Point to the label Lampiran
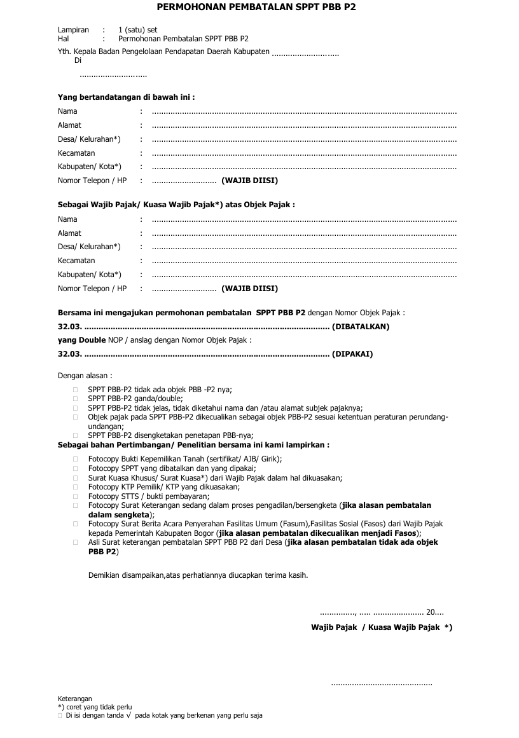click(x=73, y=30)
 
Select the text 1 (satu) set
click(x=137, y=30)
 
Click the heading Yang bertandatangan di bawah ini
click(x=126, y=97)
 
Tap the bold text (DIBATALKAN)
click(x=361, y=327)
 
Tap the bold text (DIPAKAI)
click(x=352, y=354)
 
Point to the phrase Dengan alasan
click(x=85, y=375)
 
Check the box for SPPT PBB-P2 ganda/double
click(x=76, y=399)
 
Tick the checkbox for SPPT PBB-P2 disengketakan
click(x=76, y=435)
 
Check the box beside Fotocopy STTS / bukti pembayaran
click(x=76, y=496)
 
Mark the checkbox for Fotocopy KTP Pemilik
click(x=76, y=487)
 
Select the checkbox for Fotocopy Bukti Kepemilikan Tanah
click(x=76, y=459)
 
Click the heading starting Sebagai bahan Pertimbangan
click(x=193, y=445)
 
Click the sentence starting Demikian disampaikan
click(x=198, y=575)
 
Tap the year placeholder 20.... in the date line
click(x=435, y=612)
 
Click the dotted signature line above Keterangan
click(x=382, y=684)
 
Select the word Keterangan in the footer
click(x=75, y=699)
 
